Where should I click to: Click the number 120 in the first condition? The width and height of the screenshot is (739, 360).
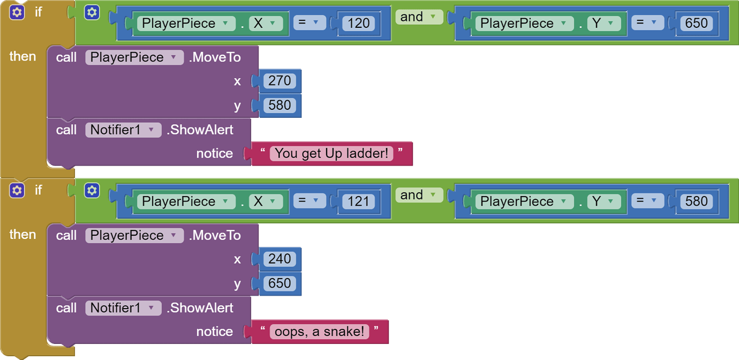[x=358, y=23]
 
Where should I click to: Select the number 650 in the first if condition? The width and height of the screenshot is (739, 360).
[x=696, y=23]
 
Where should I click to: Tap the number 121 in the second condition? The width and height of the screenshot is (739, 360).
[x=358, y=201]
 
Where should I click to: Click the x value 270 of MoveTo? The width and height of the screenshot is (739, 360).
[x=280, y=81]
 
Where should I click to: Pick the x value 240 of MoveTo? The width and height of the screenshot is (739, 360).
[x=280, y=259]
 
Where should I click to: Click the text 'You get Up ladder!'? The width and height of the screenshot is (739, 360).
[x=331, y=153]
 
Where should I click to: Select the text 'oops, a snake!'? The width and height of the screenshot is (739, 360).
[x=319, y=331]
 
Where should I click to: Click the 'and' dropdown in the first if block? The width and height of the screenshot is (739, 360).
[x=419, y=17]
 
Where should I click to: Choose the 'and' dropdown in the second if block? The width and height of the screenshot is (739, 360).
[x=419, y=195]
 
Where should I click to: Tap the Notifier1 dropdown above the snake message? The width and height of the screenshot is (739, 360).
[x=123, y=307]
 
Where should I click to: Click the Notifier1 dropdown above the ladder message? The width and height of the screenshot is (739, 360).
[x=123, y=130]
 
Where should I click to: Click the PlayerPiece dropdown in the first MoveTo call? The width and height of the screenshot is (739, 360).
[x=134, y=57]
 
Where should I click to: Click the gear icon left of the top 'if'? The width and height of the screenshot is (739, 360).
[x=17, y=12]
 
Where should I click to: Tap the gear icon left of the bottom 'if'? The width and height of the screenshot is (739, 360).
[x=17, y=190]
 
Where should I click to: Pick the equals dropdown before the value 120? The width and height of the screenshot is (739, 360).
[x=309, y=22]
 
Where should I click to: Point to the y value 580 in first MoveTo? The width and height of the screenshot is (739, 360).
[x=280, y=105]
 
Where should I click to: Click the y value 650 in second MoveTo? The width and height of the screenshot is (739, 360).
[x=280, y=283]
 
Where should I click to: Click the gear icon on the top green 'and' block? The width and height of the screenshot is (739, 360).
[x=92, y=12]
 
